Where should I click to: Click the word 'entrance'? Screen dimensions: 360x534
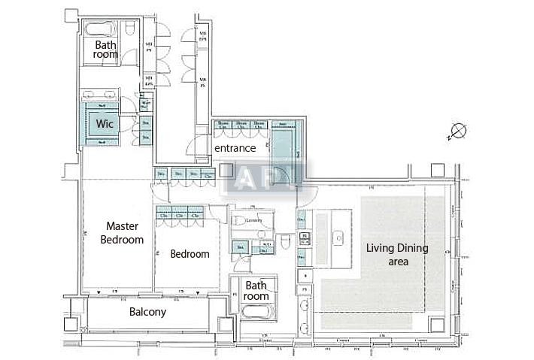coord(235,149)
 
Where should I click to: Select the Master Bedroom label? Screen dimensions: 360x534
coord(122,232)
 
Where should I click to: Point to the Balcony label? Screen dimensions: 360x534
coord(147,312)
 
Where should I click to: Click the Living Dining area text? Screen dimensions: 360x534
coord(397,255)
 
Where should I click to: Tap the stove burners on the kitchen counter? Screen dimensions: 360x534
coord(305,239)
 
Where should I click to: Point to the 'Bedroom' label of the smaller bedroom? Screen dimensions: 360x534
coord(190,254)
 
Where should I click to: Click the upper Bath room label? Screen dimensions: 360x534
coord(106,50)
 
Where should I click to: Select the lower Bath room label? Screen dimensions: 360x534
coord(256,291)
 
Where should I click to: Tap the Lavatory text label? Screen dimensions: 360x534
coord(253,220)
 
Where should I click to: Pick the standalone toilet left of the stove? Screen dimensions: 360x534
coord(286,242)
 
